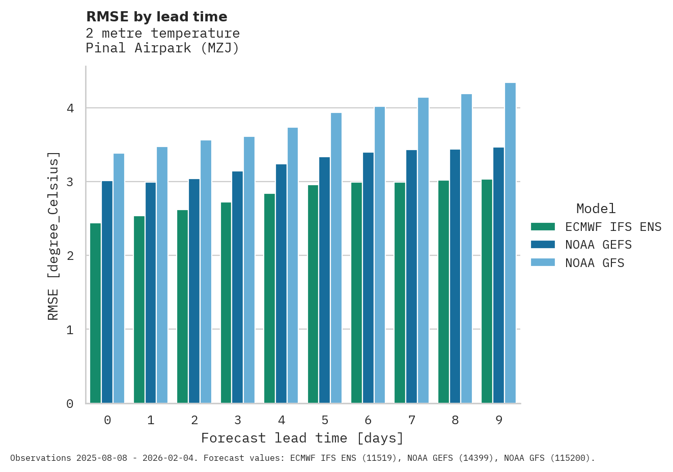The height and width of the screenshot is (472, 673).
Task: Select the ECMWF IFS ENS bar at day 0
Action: click(x=95, y=313)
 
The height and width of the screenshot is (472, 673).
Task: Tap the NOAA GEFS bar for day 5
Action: click(x=324, y=280)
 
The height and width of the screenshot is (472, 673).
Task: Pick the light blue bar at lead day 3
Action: click(x=249, y=270)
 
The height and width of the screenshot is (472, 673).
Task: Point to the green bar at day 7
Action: click(x=400, y=293)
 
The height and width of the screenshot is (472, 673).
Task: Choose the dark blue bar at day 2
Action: click(x=194, y=291)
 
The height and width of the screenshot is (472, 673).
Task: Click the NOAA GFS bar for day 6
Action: click(x=380, y=255)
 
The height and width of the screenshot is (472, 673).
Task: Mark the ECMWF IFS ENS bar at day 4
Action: click(x=269, y=299)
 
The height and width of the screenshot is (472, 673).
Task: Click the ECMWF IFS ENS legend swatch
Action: click(x=543, y=227)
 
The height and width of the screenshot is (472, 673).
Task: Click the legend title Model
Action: click(x=596, y=209)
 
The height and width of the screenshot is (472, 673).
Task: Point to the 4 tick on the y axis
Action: click(x=70, y=108)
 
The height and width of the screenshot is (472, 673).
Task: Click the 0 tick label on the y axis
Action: click(x=70, y=404)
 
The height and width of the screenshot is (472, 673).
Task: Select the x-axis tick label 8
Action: click(x=455, y=421)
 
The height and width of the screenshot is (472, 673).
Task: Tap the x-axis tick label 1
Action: click(x=151, y=421)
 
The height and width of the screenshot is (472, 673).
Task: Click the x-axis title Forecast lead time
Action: click(x=302, y=438)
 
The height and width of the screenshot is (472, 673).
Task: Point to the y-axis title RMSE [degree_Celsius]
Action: click(x=53, y=236)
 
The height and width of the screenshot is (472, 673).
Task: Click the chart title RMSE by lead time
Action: click(x=156, y=17)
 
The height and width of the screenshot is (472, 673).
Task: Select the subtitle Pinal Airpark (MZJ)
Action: click(x=162, y=48)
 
